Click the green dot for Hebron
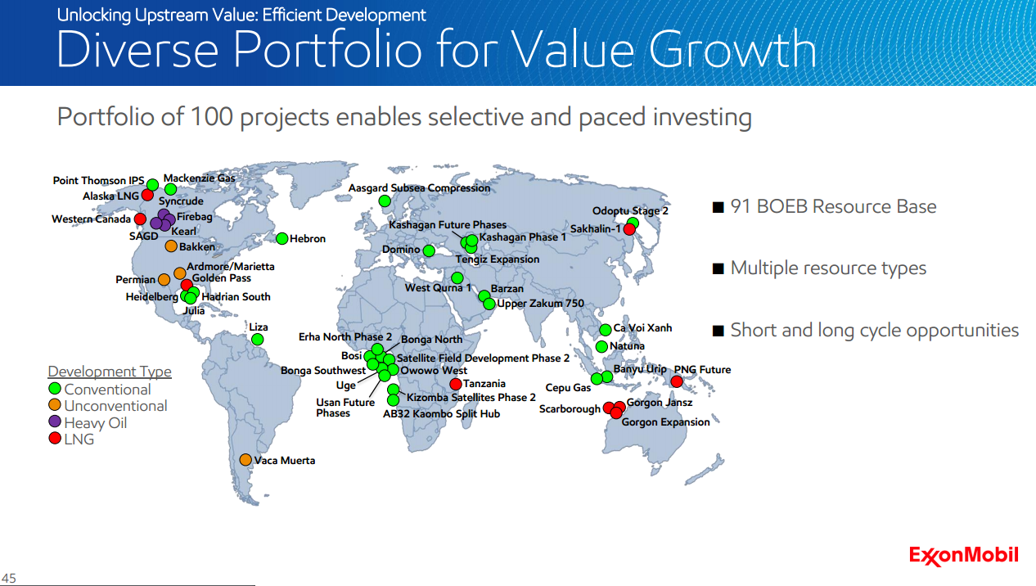coord(282,238)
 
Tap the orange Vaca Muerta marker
coord(245,460)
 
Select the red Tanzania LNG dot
coord(456,384)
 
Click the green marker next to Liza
coord(258,339)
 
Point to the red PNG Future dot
coord(677,381)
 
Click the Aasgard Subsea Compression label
coord(419,188)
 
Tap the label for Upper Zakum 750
coord(540,304)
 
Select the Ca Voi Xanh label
coord(642,328)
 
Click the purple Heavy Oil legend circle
coord(55,422)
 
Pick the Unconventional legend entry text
coord(115,406)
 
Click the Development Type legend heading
coord(110,372)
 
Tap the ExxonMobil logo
coord(963,556)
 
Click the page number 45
coord(9,579)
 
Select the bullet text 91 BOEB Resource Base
coord(833,207)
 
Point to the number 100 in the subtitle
coord(212,117)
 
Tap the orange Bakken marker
coord(171,246)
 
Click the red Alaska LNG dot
coord(148,195)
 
